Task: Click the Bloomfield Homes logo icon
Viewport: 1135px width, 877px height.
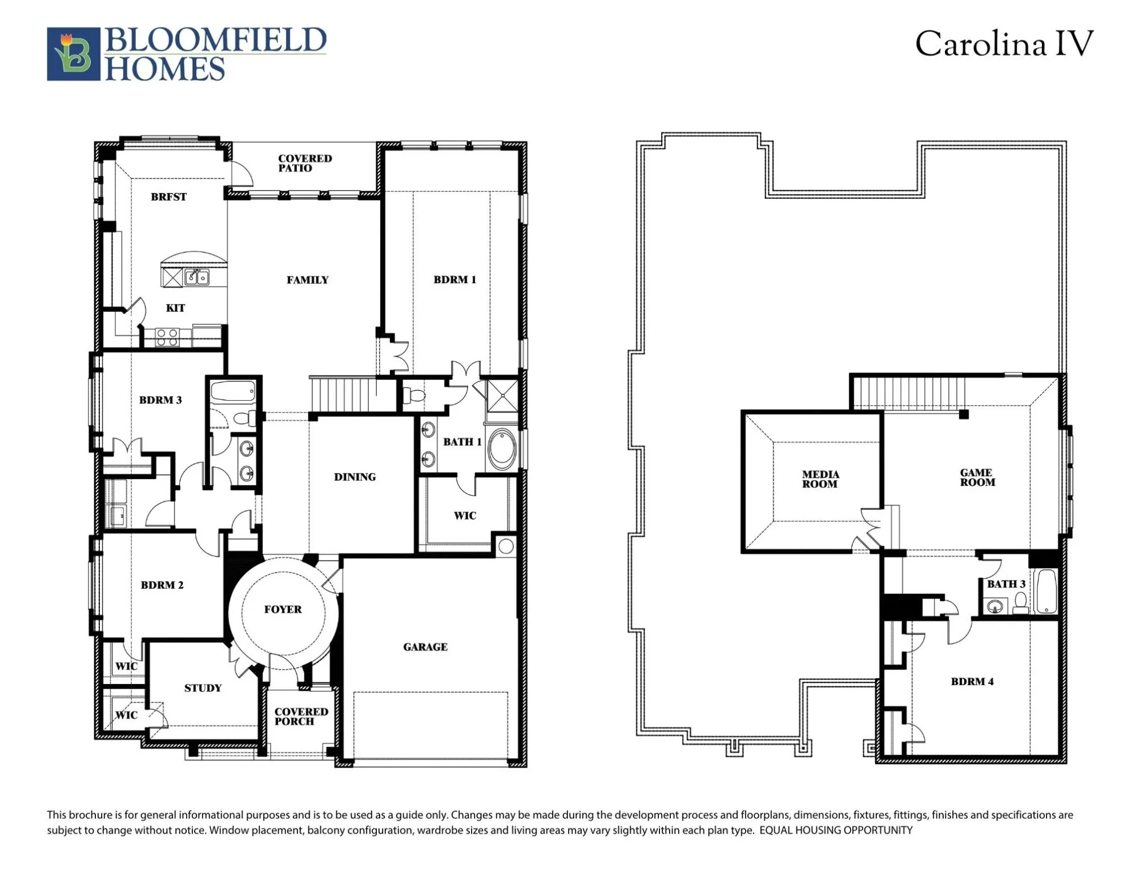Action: (x=73, y=54)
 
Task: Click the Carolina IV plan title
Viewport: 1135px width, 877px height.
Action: (x=1004, y=45)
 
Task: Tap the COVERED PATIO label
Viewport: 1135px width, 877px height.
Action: (x=304, y=163)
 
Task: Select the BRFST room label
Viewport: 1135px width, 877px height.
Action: (x=168, y=197)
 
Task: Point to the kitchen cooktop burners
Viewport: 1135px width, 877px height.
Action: (x=167, y=337)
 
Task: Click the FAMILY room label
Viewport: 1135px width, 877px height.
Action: (x=307, y=280)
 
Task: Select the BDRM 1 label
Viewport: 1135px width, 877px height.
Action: (x=454, y=280)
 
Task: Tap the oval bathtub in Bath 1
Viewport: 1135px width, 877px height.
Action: (x=502, y=450)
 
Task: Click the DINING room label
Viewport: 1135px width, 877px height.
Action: (x=355, y=477)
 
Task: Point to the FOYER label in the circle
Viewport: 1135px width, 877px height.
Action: (x=283, y=609)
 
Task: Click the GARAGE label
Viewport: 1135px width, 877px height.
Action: (x=425, y=647)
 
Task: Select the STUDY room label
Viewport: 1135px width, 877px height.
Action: (x=203, y=688)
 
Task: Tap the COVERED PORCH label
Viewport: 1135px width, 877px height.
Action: (x=301, y=717)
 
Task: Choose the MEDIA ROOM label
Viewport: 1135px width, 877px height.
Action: (x=820, y=479)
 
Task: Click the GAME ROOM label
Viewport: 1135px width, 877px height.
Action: (x=977, y=477)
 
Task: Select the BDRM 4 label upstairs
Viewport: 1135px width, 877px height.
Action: (x=972, y=682)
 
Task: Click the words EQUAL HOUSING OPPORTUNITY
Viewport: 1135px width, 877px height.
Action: (x=835, y=830)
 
